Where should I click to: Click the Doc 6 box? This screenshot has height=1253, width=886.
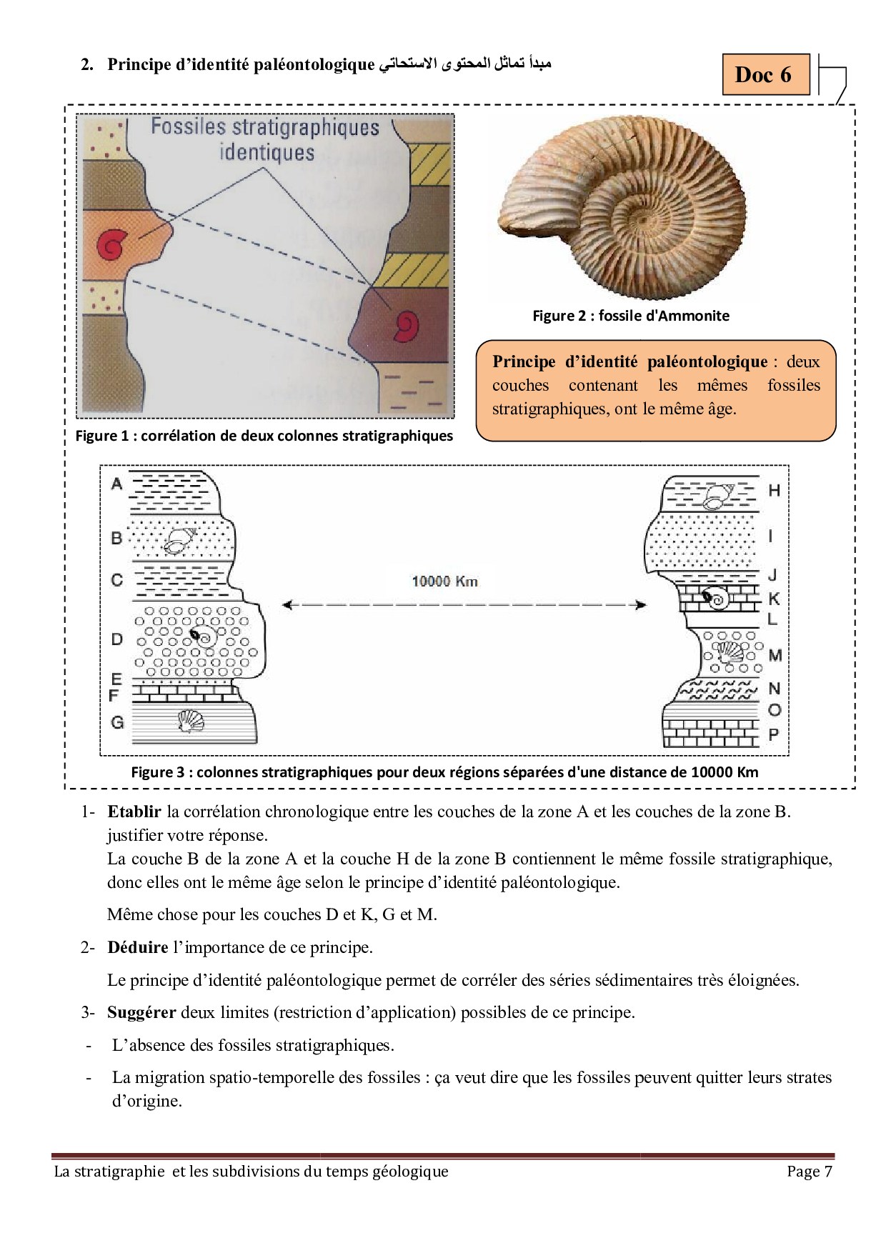(763, 74)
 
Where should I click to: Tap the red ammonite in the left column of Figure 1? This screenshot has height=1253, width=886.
(111, 244)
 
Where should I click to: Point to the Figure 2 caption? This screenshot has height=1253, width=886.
(631, 316)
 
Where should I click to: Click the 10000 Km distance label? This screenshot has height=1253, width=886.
(444, 581)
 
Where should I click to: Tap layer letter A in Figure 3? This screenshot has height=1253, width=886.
(117, 484)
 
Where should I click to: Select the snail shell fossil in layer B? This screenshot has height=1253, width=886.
(177, 541)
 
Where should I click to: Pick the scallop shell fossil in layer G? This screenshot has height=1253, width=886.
(189, 722)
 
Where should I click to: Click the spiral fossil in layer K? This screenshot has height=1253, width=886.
(716, 599)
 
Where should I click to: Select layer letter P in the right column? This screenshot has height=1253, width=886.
(774, 734)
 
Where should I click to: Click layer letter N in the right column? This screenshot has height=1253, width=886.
(774, 689)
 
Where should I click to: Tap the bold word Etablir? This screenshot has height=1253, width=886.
(134, 812)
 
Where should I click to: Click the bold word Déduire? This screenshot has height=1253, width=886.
(138, 948)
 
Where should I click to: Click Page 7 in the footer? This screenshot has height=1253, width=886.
(810, 1172)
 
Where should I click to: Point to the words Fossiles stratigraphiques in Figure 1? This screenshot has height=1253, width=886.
(265, 129)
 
